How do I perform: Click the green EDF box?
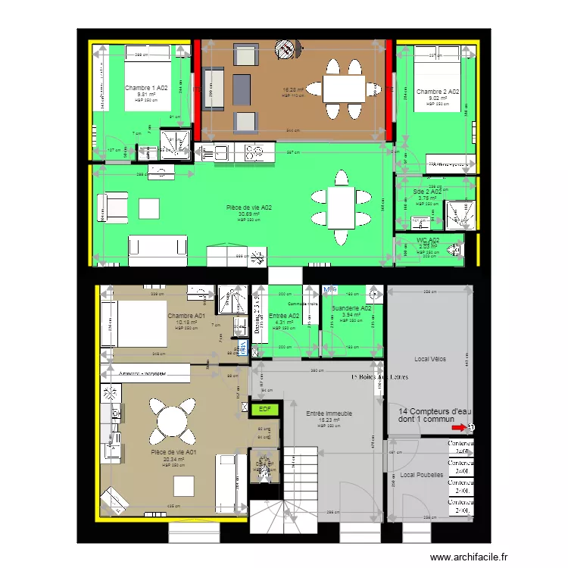tap(265, 409)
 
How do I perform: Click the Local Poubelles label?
tap(422, 475)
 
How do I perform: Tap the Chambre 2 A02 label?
tap(438, 92)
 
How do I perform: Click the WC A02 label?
tap(428, 240)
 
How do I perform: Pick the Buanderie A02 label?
tap(351, 308)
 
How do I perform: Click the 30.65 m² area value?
tap(249, 214)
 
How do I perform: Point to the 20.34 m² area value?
tap(173, 459)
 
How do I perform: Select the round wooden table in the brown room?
tap(285, 51)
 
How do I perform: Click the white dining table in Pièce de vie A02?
tap(341, 205)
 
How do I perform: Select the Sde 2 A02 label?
tap(428, 192)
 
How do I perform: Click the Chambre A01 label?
tap(186, 315)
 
